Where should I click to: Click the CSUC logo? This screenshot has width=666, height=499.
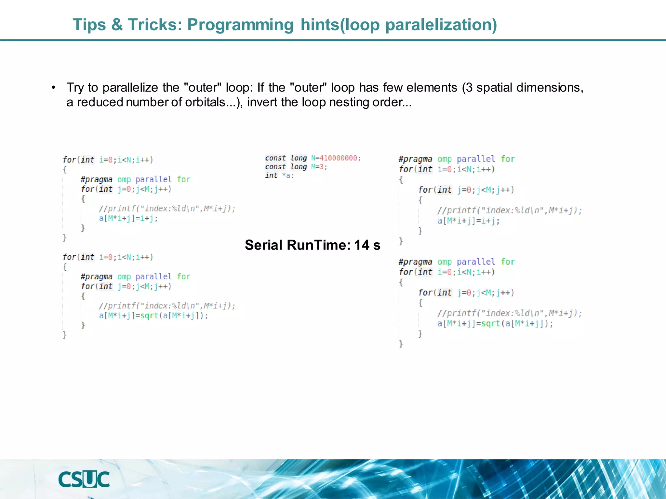point(84,480)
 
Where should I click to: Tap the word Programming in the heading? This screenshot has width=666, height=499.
point(240,25)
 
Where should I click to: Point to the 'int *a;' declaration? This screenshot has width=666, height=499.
point(279,176)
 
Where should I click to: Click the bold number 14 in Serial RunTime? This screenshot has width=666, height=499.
point(361,245)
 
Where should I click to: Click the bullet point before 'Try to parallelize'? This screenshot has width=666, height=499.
point(53,88)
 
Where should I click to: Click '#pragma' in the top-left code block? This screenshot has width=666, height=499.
point(97,179)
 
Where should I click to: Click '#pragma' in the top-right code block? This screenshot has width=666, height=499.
point(415,159)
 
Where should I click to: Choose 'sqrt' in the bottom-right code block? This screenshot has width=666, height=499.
point(490,324)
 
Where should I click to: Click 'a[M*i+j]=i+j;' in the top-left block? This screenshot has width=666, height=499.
point(128,218)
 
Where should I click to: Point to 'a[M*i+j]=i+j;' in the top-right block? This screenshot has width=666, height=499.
point(468,221)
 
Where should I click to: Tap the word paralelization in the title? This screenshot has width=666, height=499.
point(438,25)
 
